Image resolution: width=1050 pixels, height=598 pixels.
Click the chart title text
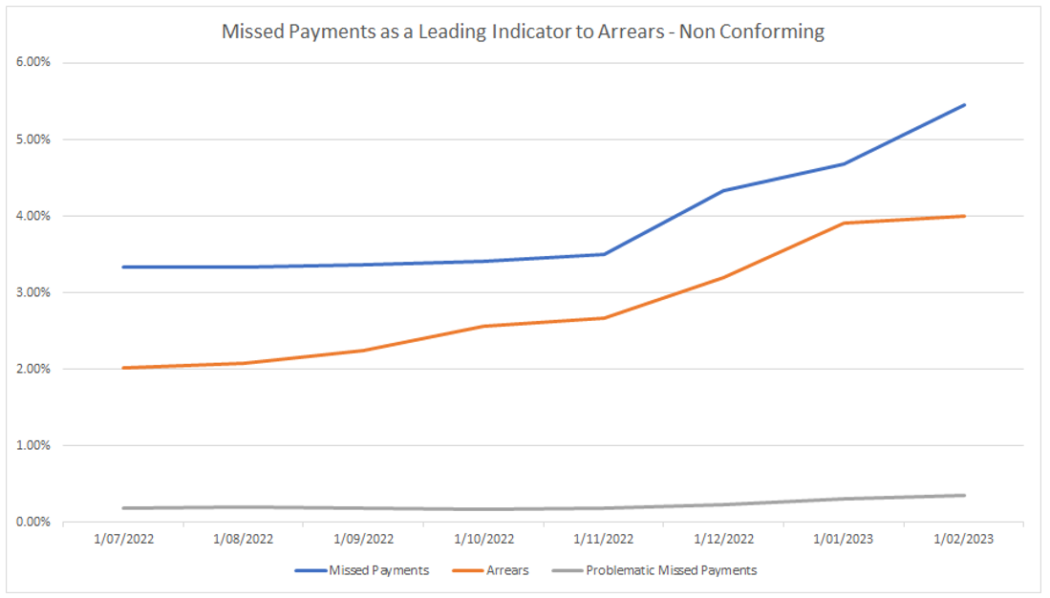click(523, 32)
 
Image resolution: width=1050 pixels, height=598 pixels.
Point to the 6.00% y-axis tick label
click(36, 63)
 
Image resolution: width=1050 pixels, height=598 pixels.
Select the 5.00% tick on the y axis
click(36, 139)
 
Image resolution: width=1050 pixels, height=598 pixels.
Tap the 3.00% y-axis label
click(36, 292)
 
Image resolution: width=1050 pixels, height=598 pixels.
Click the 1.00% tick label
click(36, 445)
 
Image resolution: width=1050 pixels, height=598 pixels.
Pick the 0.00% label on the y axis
click(36, 522)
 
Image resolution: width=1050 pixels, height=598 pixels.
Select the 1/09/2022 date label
click(363, 539)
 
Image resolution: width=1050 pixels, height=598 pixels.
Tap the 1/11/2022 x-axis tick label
click(604, 539)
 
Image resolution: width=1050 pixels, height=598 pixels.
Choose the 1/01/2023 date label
click(844, 539)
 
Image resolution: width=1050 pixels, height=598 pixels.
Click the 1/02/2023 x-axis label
click(964, 539)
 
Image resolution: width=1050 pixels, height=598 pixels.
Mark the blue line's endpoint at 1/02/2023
click(964, 104)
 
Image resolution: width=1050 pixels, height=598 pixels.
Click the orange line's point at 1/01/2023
click(844, 223)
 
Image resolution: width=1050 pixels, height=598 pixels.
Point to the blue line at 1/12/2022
click(723, 190)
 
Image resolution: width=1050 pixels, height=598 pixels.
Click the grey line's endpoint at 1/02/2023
click(964, 495)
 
